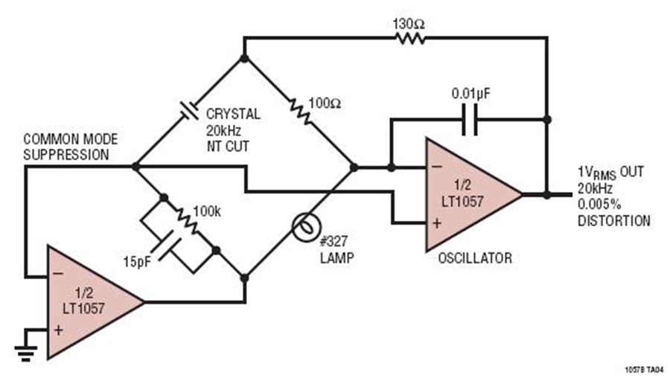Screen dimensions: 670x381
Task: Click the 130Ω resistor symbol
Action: coord(410,39)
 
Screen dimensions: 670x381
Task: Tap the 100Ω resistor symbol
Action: coord(301,112)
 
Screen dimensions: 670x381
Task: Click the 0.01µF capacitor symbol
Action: coord(470,120)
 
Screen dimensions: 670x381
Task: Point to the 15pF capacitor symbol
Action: coord(169,246)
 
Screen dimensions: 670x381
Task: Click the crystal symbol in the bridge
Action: coord(189,110)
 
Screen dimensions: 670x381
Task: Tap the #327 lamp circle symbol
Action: coord(307,227)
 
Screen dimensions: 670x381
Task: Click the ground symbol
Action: coord(26,353)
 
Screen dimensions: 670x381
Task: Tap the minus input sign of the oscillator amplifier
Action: coord(437,167)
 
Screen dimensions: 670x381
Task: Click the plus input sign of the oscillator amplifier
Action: coord(437,223)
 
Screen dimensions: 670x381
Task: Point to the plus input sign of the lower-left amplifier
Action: coord(59,330)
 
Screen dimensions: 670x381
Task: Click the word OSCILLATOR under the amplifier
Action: coord(475,258)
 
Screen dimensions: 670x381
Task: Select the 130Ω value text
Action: coord(409,25)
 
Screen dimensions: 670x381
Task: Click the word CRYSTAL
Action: coord(233,114)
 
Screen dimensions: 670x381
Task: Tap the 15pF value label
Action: coord(137,261)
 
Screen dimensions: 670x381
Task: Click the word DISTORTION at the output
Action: coord(614,221)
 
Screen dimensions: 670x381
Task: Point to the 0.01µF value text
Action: coord(471,94)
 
